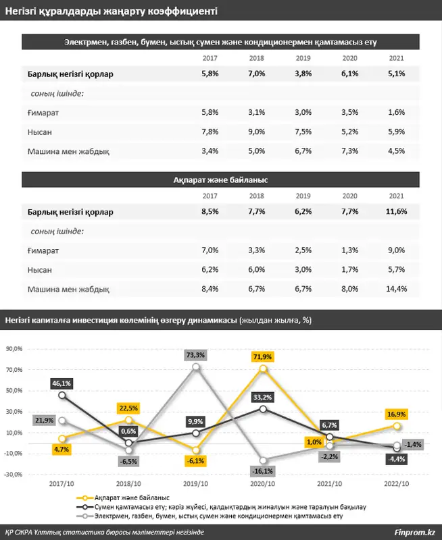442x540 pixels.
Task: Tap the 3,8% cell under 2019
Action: (303, 74)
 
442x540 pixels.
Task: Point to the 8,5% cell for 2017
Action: (210, 212)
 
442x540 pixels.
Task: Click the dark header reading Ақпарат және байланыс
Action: (221, 180)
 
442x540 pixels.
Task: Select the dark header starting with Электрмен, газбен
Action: (221, 42)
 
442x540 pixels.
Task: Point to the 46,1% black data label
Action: (62, 383)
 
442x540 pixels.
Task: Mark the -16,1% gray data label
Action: (262, 471)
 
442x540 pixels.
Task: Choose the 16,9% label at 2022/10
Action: (397, 414)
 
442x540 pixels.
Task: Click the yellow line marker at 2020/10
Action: (263, 369)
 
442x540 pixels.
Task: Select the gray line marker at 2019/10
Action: (195, 367)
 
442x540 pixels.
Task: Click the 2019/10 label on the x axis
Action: (195, 484)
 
